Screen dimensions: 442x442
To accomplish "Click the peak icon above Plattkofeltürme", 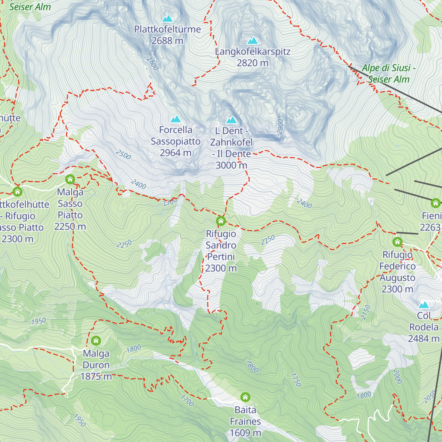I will [x=168, y=18].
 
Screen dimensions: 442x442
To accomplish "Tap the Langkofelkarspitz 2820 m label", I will [x=253, y=57].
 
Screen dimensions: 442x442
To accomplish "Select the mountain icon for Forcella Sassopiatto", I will [x=176, y=119].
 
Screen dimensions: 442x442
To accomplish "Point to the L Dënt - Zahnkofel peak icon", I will [x=231, y=120].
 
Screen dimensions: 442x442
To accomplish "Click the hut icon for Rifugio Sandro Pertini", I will [x=221, y=221].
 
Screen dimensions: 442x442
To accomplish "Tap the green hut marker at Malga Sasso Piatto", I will [x=70, y=179].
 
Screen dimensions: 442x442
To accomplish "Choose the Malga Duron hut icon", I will [x=96, y=340].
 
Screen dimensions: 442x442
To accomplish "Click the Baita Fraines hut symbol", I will [x=245, y=397].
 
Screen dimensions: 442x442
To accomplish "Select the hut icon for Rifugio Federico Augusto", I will [x=397, y=242].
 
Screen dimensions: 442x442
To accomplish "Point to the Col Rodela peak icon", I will [x=424, y=305].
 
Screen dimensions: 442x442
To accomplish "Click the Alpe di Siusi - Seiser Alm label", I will [x=389, y=74].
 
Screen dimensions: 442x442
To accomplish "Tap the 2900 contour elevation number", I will [x=280, y=127].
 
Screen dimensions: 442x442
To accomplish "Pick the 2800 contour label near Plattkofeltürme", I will [x=152, y=63].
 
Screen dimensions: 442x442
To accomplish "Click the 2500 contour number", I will [x=123, y=155].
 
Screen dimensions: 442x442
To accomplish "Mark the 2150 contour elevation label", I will [x=365, y=312].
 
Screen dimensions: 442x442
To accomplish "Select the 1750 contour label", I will [x=296, y=380].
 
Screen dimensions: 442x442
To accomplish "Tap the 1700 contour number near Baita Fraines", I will [x=187, y=400].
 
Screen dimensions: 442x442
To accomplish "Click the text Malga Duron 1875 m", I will [x=96, y=365].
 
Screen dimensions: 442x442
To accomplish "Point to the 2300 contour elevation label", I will [x=170, y=202].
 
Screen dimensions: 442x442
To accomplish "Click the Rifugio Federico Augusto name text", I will [x=397, y=271].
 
